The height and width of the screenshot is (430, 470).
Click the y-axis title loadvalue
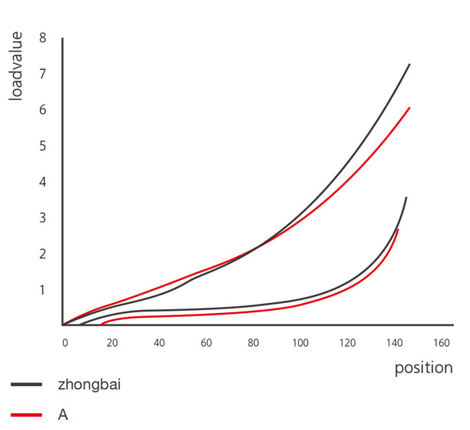point(17,68)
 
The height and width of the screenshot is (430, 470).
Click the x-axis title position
point(423,368)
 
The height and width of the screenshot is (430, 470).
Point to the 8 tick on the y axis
point(43,38)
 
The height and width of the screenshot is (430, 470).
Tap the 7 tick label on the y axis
point(43,74)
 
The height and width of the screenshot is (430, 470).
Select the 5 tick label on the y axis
point(43,146)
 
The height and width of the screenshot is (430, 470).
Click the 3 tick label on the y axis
point(43,218)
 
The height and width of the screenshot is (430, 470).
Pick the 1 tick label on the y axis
point(43,290)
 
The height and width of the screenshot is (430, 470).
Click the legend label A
point(63,415)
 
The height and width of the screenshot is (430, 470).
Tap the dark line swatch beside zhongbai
point(27,382)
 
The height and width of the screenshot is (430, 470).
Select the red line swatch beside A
point(27,415)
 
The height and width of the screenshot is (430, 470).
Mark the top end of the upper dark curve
point(409,64)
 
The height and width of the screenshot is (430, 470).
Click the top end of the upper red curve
point(410,108)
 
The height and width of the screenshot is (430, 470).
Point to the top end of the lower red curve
point(397,229)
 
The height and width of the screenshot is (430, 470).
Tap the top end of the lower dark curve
point(405,198)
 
